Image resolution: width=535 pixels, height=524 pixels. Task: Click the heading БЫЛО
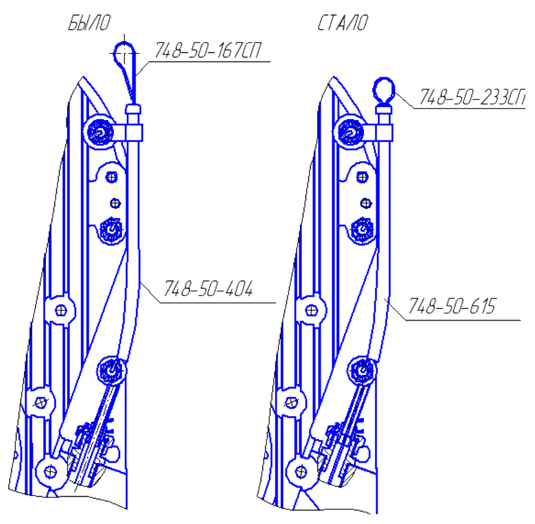(x=89, y=23)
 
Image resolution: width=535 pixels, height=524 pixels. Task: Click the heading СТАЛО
(x=342, y=23)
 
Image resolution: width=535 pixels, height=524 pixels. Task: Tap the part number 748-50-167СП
(x=208, y=51)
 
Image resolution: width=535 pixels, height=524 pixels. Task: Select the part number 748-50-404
(x=208, y=289)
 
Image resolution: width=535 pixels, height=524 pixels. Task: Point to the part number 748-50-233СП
(x=472, y=97)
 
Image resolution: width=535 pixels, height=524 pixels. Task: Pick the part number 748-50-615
(x=452, y=306)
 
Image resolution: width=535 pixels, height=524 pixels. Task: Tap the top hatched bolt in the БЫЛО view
(x=99, y=132)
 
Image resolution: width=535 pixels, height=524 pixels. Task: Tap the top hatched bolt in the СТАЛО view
(x=350, y=132)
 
